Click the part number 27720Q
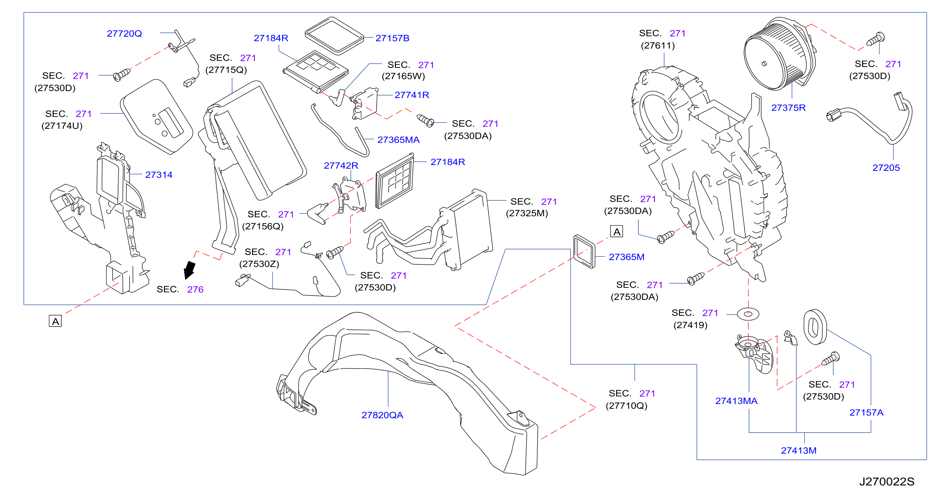124,34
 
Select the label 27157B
392,38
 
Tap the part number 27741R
412,95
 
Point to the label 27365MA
398,140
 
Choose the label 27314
159,175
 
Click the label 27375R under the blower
788,108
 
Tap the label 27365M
627,257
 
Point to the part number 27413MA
736,401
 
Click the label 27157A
866,412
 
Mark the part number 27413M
799,450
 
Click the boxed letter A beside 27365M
616,232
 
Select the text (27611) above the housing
658,45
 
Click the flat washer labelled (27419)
748,314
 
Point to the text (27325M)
527,213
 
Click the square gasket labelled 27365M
584,251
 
